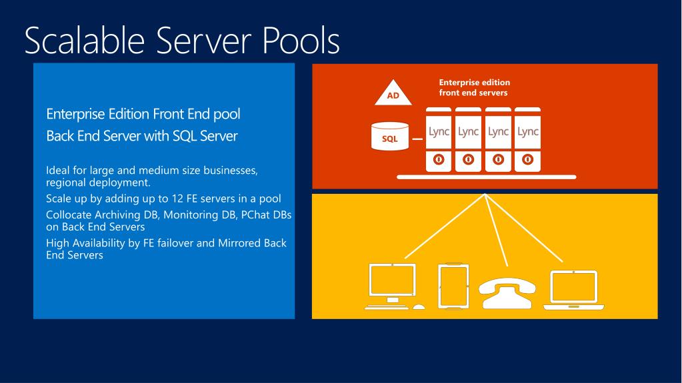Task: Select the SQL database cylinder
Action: [x=390, y=136]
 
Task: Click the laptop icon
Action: [x=574, y=290]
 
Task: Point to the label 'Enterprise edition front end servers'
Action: [x=474, y=87]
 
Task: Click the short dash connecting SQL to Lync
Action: [x=417, y=139]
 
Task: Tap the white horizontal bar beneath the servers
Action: [x=486, y=177]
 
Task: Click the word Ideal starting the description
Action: [x=58, y=171]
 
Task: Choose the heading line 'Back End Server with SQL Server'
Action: [x=141, y=136]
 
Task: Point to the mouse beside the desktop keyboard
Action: [x=419, y=307]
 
